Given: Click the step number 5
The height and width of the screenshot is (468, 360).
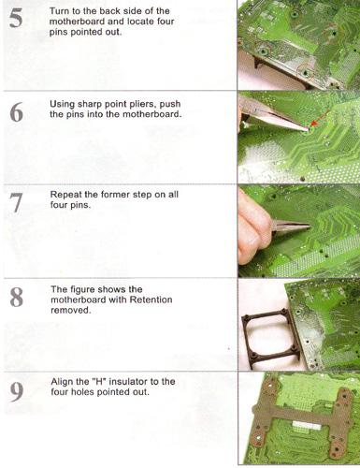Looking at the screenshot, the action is click(x=16, y=19).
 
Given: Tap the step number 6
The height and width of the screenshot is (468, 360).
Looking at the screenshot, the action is click(x=16, y=112).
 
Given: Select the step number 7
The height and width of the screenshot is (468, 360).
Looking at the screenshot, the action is click(x=16, y=203).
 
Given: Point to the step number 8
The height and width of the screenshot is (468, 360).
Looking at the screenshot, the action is click(x=17, y=297).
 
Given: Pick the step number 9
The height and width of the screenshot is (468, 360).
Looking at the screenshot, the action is click(x=17, y=392).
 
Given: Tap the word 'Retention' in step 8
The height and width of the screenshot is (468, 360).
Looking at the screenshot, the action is click(x=151, y=300).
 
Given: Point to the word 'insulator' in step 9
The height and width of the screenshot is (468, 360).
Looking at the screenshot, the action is click(x=134, y=382).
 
